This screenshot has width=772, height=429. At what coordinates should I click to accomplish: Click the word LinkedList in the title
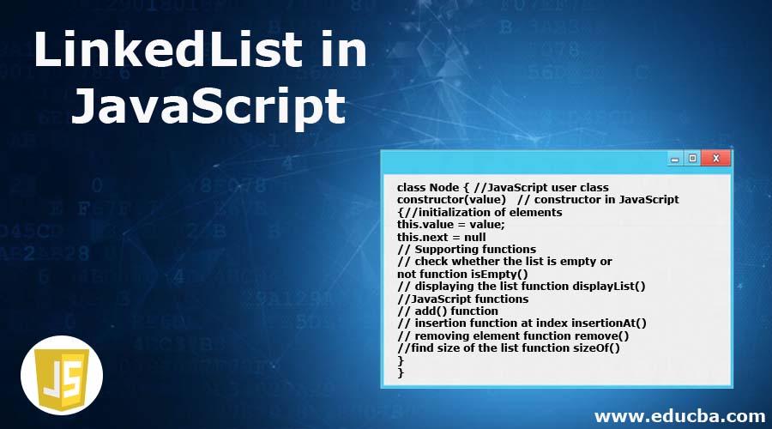[168, 49]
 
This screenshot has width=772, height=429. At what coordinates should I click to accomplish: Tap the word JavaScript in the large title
[208, 106]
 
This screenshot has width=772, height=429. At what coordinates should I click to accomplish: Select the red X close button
[716, 158]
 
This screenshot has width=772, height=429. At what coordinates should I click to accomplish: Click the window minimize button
[675, 159]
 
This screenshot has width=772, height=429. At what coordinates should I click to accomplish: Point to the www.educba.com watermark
[679, 416]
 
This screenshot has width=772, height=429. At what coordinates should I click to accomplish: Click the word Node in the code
[444, 188]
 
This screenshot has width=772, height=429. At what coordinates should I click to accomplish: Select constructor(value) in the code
[451, 200]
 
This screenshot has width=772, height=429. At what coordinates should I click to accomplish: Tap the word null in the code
[474, 237]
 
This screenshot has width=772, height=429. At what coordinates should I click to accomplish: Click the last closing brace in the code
[401, 373]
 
